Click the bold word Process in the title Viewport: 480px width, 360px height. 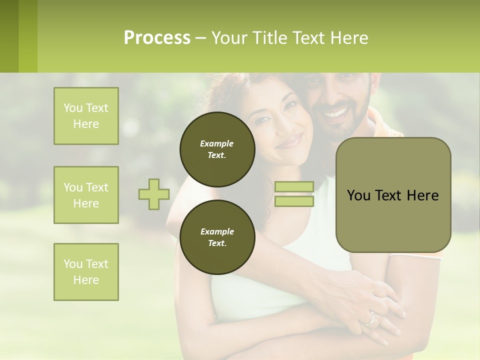[x=157, y=38]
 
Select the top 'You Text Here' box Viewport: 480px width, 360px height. [x=86, y=116]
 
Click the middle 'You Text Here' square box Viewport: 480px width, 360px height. [x=86, y=195]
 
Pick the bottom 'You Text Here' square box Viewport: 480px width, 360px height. [x=86, y=272]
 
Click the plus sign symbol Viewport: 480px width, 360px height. [x=154, y=194]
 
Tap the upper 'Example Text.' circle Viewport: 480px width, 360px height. [x=217, y=149]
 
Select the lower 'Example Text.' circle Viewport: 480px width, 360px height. [x=217, y=237]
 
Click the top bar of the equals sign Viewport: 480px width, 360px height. [x=294, y=187]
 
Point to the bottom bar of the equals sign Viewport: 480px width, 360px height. [x=294, y=201]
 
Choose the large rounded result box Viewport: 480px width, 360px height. [x=393, y=195]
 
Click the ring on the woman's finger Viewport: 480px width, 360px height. [x=370, y=319]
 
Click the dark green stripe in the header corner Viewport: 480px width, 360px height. [x=9, y=36]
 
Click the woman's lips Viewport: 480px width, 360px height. [x=289, y=141]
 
